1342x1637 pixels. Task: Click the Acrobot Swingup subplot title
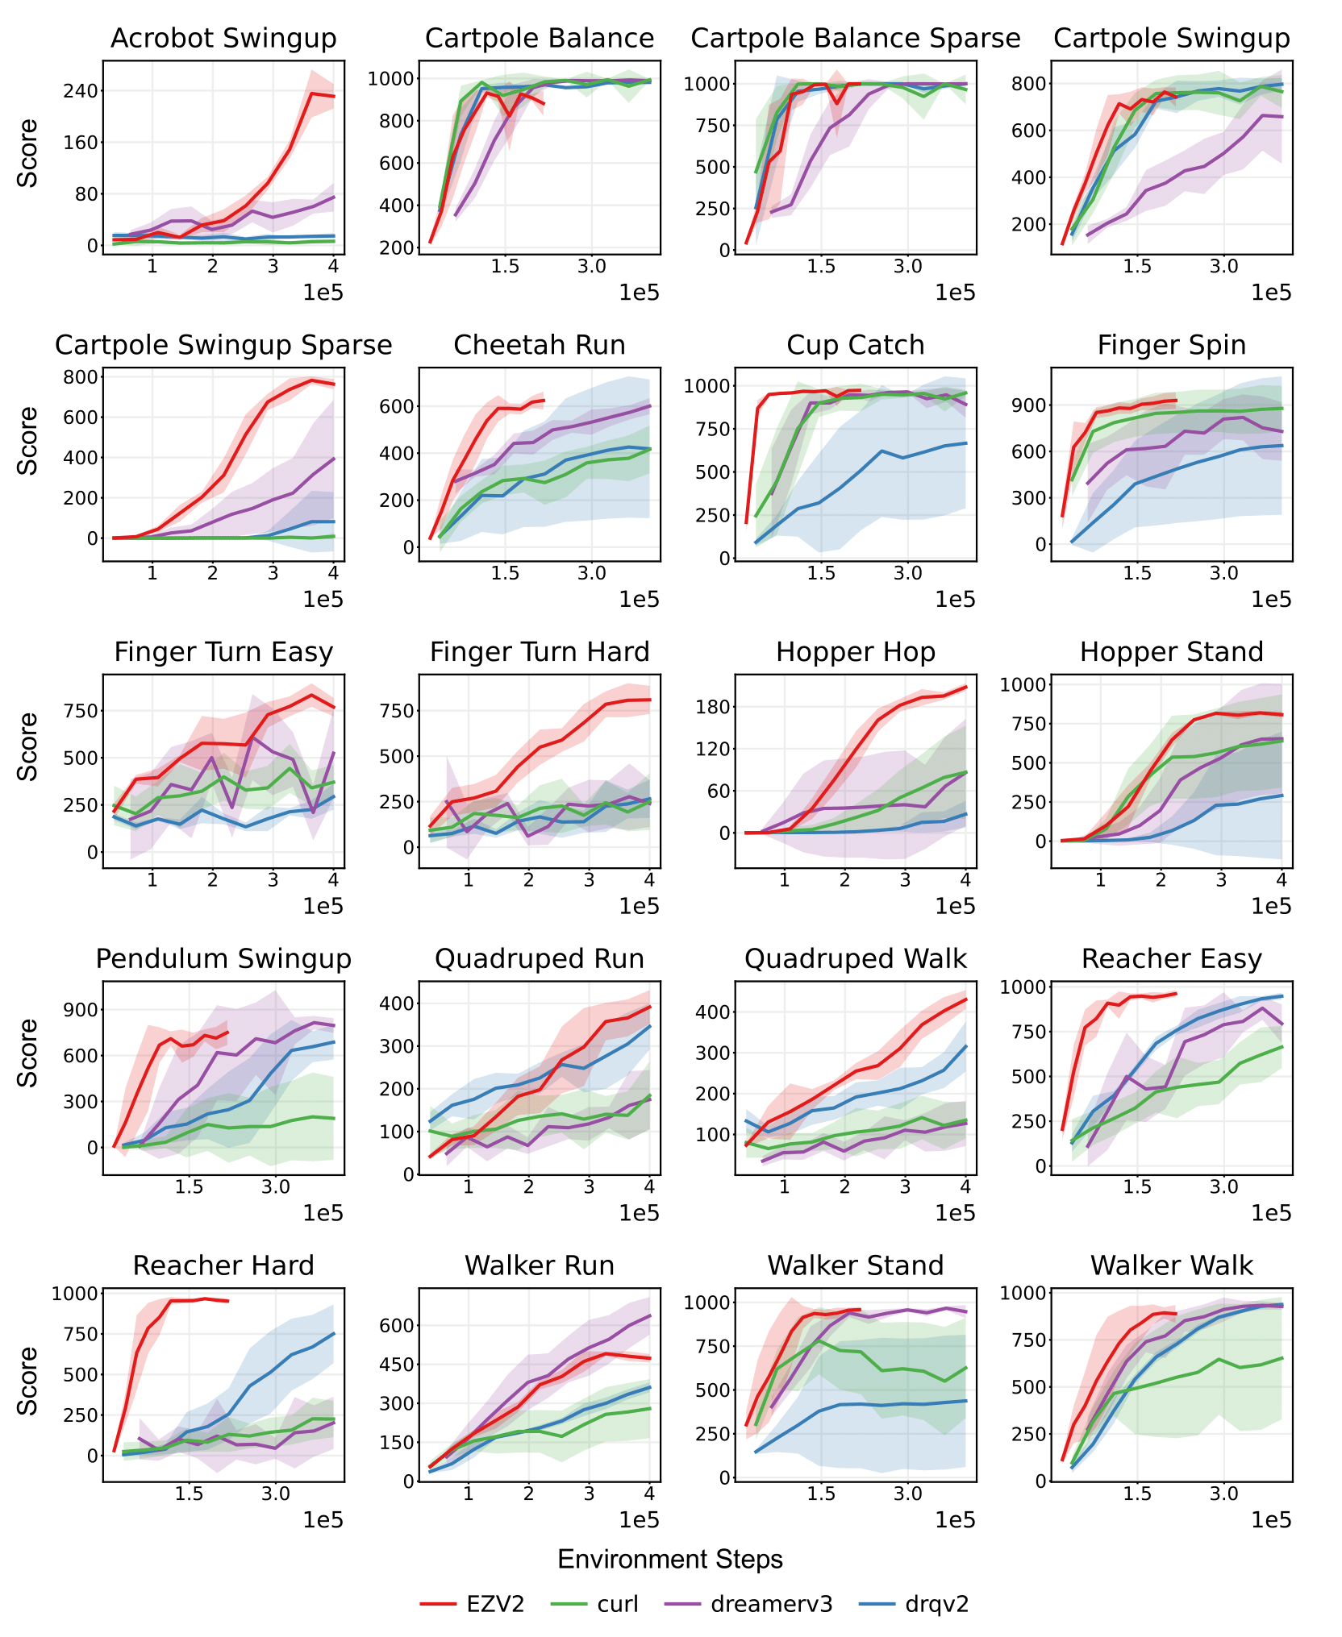[223, 39]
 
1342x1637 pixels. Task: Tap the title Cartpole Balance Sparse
[856, 39]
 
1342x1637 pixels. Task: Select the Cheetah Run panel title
[540, 346]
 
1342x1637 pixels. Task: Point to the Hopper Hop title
[856, 652]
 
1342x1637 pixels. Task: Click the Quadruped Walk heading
[856, 959]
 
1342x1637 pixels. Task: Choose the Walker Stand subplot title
[856, 1266]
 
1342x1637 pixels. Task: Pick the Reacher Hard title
[223, 1266]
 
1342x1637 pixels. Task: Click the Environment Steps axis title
[670, 1560]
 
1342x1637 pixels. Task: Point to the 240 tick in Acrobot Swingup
[80, 91]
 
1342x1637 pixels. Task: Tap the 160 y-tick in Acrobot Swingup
[80, 143]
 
